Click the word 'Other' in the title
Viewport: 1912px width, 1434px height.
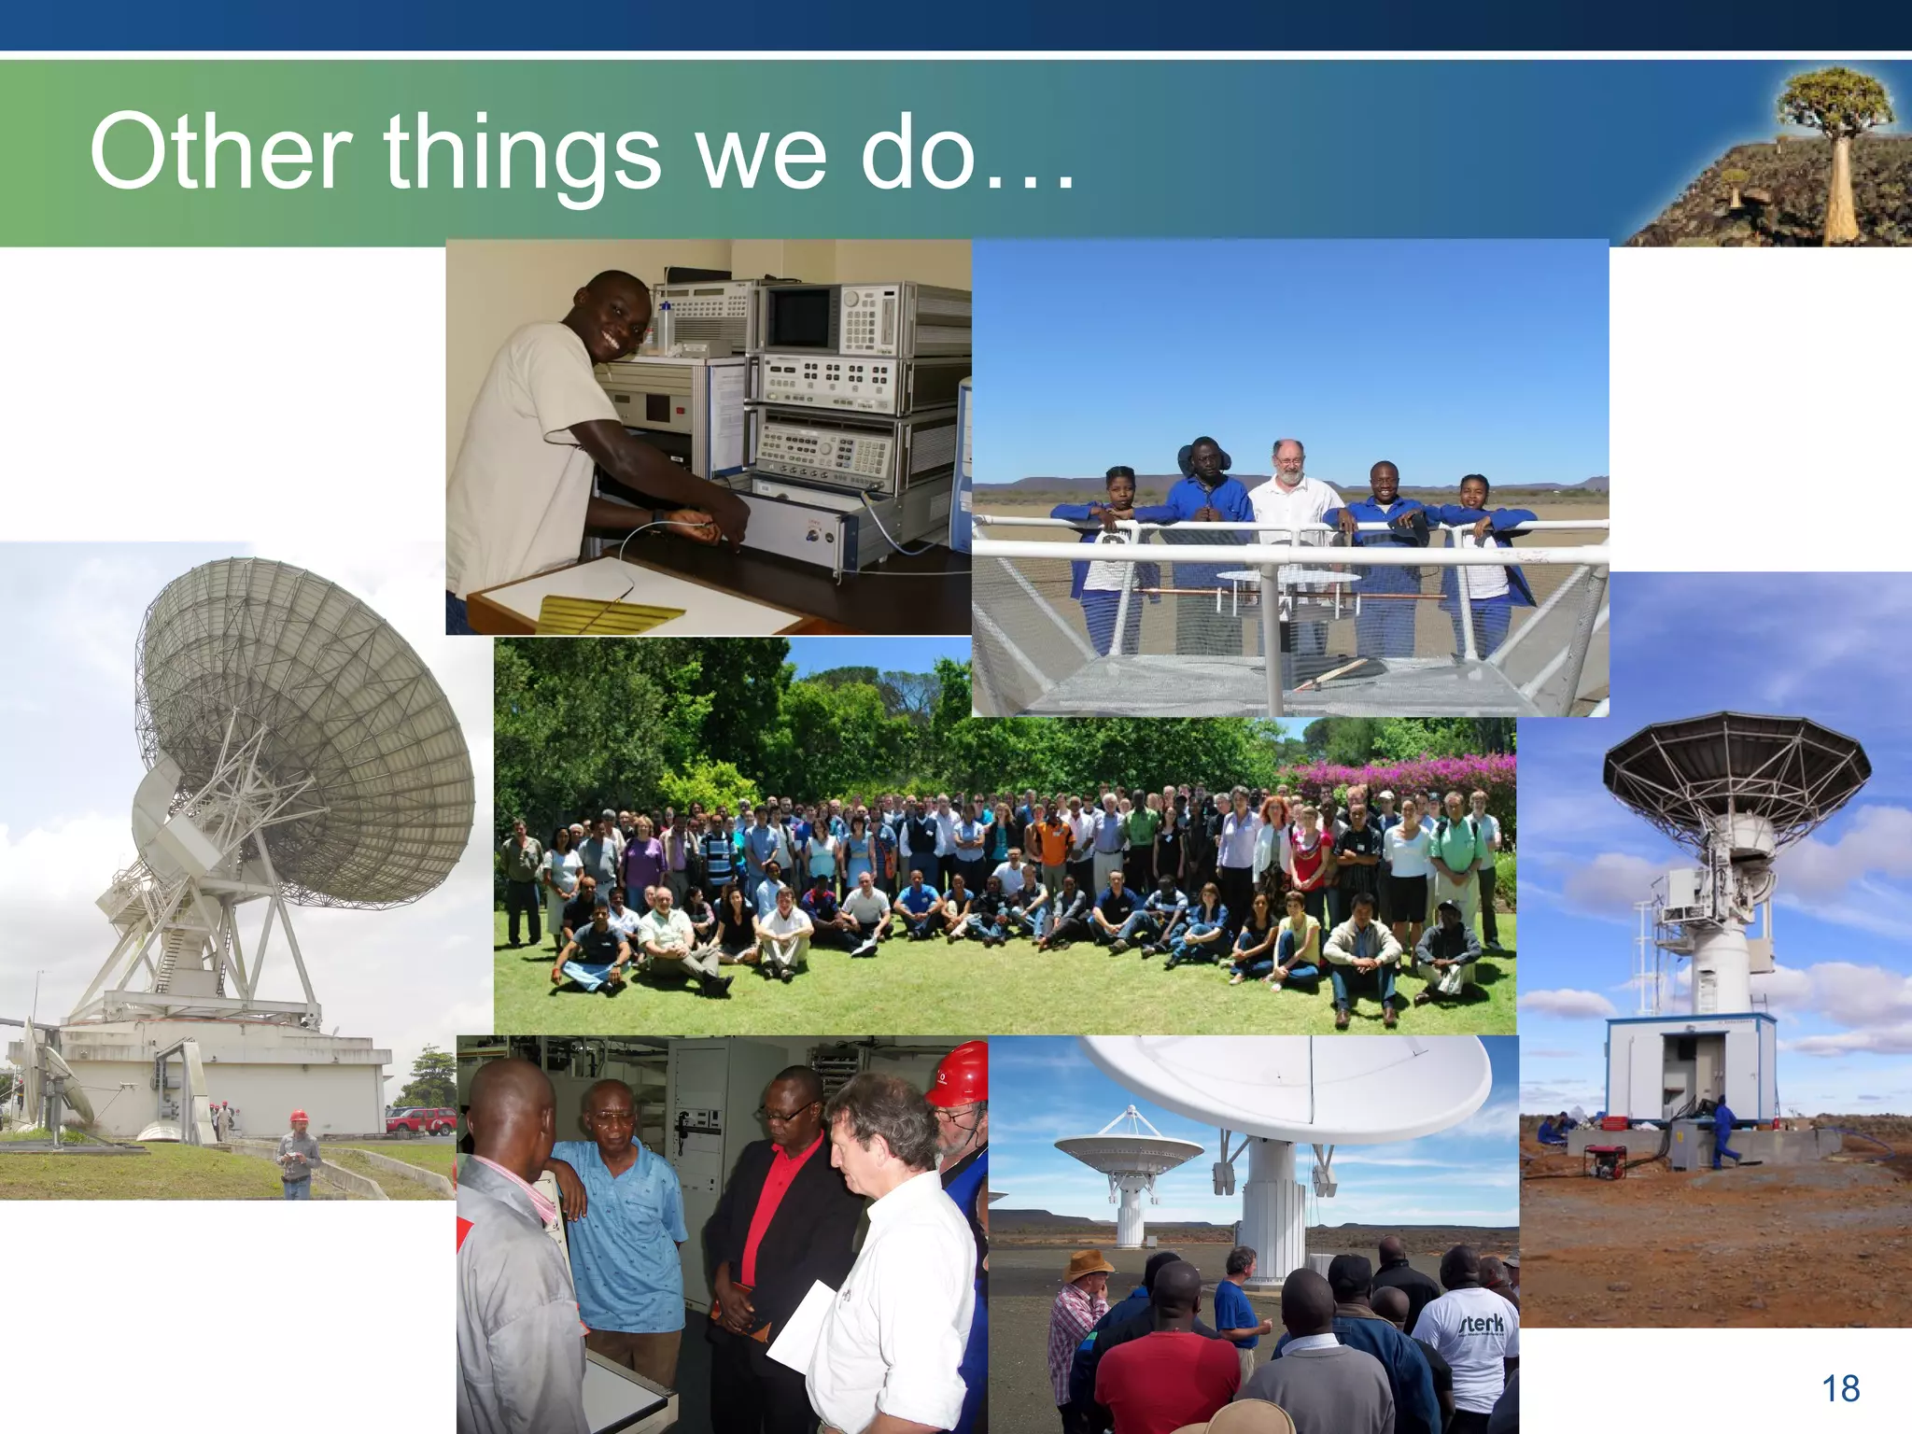[220, 151]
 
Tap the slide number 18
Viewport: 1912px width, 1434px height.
[1841, 1389]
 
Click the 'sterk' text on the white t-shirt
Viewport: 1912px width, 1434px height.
[1482, 1323]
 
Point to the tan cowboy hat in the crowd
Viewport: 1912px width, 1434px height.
[1090, 1266]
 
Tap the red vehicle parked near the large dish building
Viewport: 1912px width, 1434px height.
[420, 1119]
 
